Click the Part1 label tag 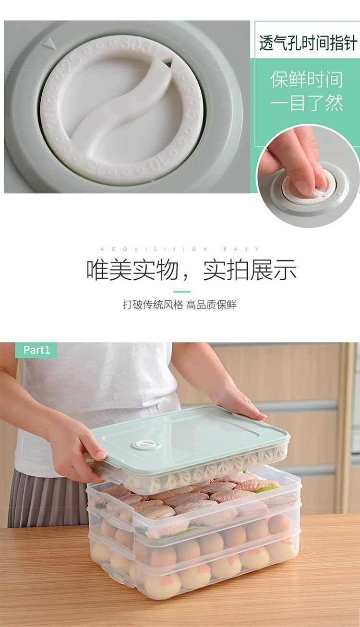[36, 350]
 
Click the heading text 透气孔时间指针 [308, 43]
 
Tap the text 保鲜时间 [307, 79]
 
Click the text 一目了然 [307, 103]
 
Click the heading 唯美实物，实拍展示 [191, 270]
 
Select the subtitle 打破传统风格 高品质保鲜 [180, 305]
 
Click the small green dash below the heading [181, 291]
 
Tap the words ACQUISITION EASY [180, 249]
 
